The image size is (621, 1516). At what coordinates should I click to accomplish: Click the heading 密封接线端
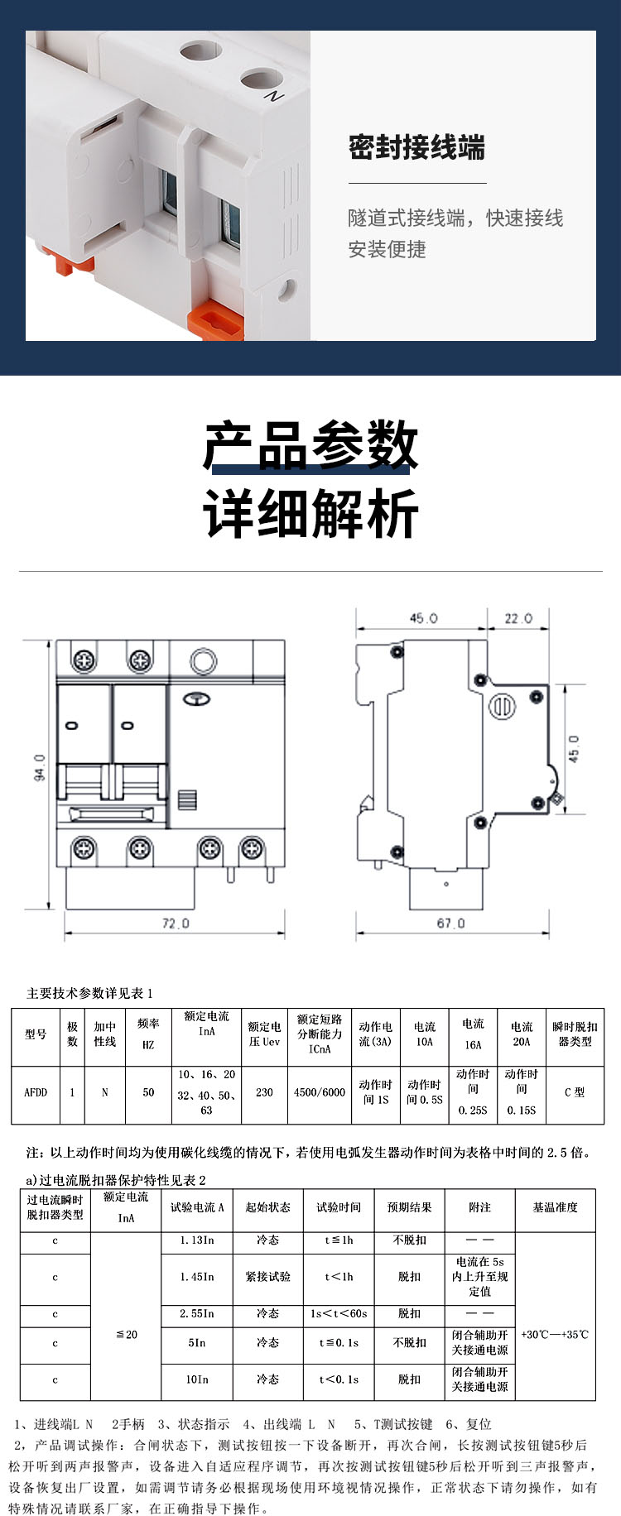416,148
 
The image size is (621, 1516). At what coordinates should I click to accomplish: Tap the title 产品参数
310,445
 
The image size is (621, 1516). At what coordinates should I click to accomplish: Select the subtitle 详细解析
310,514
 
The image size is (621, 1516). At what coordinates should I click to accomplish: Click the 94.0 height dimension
39,768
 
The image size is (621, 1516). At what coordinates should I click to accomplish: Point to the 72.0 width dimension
175,923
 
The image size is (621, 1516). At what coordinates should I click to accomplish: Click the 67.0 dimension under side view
450,923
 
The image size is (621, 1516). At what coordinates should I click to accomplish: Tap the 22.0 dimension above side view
518,618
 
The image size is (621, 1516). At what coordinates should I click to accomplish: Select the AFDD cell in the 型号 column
36,1092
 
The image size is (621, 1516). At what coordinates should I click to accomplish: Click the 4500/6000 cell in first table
320,1092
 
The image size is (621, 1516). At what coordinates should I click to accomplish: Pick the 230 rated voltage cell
264,1092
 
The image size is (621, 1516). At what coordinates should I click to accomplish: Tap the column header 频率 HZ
148,1034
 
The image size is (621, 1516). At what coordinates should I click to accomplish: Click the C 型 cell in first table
575,1092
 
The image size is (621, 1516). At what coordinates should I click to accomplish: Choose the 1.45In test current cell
197,1277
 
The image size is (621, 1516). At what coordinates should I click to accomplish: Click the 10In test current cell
197,1379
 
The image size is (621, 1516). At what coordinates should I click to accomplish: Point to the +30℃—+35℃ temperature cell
555,1334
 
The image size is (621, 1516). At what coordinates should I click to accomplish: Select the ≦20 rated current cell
126,1334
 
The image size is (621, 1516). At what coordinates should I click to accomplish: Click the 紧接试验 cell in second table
267,1277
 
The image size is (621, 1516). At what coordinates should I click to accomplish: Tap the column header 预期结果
409,1207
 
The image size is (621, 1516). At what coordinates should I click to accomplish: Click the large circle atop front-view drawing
203,661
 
